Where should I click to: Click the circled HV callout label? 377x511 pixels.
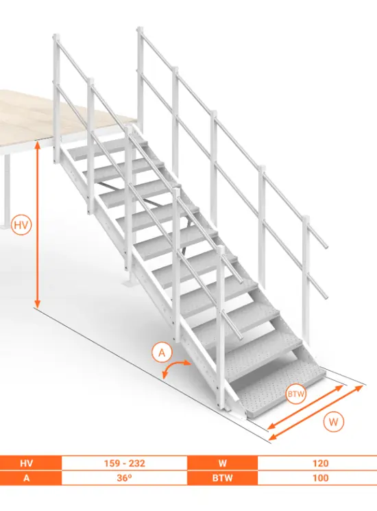point(21,225)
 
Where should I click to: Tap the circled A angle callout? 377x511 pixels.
point(162,353)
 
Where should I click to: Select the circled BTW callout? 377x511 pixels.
point(295,394)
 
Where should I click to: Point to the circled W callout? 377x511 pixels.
point(333,422)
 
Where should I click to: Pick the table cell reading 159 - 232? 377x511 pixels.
point(124,463)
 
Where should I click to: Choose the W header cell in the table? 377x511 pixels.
point(222,463)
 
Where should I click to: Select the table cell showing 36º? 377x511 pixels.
point(124,478)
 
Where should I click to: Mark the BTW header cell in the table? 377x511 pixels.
point(222,478)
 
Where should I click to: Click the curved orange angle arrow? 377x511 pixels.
point(172,366)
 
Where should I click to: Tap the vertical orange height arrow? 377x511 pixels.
point(38,225)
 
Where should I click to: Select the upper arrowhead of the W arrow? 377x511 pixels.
point(358,388)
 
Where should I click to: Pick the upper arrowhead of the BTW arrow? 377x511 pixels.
point(338,388)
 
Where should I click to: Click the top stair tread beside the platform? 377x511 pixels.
point(108,148)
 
